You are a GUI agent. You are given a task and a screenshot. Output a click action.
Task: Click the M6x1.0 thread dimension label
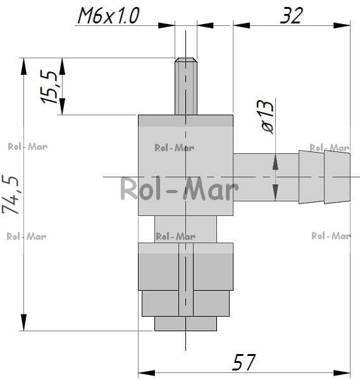[108, 15]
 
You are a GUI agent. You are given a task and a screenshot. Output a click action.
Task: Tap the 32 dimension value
[292, 15]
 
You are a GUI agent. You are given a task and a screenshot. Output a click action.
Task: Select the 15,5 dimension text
[49, 87]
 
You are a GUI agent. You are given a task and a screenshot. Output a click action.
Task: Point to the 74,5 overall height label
[10, 194]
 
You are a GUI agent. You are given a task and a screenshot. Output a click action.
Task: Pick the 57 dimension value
[244, 362]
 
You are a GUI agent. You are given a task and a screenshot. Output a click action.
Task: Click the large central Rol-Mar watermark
[180, 188]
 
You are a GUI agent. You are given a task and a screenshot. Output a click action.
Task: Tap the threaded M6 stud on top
[186, 86]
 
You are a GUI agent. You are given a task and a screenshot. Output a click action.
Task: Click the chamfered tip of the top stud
[186, 60]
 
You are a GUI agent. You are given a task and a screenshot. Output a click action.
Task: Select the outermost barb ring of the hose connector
[337, 177]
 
